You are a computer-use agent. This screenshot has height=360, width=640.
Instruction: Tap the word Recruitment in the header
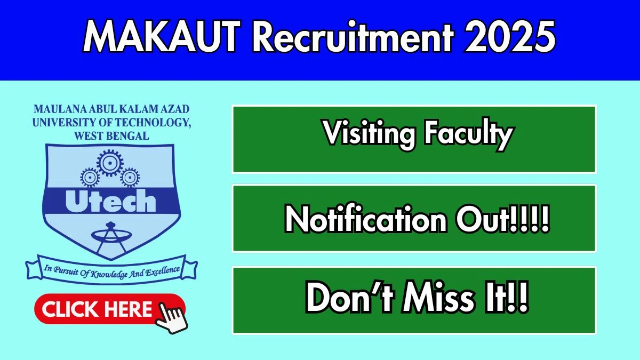coord(353,37)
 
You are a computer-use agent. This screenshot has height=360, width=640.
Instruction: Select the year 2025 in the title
coord(510,37)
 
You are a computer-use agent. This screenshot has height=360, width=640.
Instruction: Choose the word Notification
coord(366,219)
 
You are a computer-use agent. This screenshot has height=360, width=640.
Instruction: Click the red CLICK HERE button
coord(110,309)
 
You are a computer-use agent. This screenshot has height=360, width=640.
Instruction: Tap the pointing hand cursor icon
coord(171,318)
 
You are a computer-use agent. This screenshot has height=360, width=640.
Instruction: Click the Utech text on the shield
coord(111,201)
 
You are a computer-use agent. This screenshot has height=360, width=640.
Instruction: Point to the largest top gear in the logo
coord(110,163)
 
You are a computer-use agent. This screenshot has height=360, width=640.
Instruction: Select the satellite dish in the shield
coord(111,237)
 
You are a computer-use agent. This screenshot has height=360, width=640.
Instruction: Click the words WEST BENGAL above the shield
coord(111,136)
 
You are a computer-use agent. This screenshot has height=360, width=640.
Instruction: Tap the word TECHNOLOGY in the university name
coord(153,123)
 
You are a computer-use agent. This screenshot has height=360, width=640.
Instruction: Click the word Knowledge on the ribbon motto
coord(109,274)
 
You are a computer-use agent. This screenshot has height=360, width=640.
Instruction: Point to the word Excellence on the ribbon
coord(163,271)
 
